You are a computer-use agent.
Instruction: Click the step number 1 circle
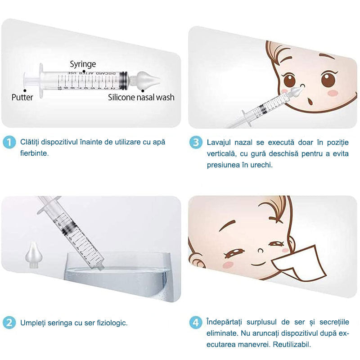pos(9,143)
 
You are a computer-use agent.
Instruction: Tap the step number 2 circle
pos(9,323)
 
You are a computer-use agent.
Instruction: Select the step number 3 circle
pos(195,143)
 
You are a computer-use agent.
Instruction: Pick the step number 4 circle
pos(195,323)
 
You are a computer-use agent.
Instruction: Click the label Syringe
pos(83,64)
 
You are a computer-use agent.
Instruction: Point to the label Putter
pos(22,97)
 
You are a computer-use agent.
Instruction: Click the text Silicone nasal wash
pos(141,97)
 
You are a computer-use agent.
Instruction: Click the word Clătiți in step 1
pos(30,142)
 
